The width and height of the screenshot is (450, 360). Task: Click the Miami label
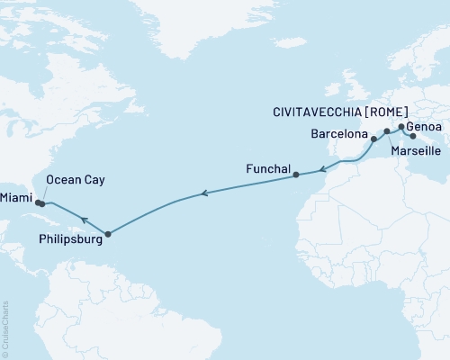[18, 196]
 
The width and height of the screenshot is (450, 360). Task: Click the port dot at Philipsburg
[107, 235]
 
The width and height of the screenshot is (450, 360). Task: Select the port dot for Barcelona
[373, 140]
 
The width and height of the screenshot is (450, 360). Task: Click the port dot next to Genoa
[401, 127]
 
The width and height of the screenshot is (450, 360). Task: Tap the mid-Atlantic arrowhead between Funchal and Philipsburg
[204, 193]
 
